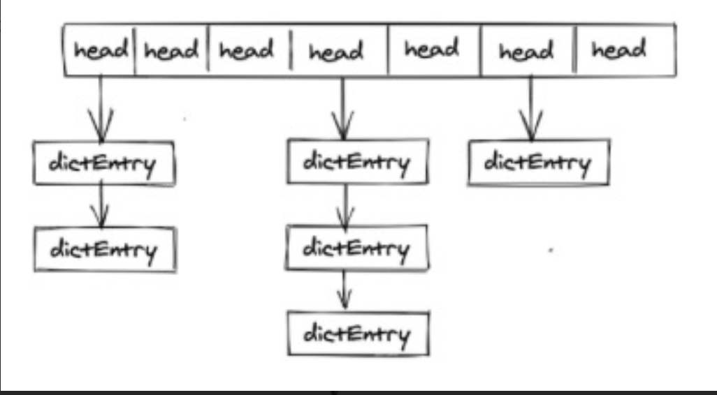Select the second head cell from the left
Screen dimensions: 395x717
pos(171,51)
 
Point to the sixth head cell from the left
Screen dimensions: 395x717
pos(526,51)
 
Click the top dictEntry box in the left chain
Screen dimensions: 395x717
pos(103,163)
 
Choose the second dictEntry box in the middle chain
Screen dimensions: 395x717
pos(356,248)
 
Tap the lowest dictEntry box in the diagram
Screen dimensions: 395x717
pos(357,334)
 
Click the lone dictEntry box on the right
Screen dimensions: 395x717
pos(537,163)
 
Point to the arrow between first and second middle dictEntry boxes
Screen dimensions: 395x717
pos(342,205)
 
